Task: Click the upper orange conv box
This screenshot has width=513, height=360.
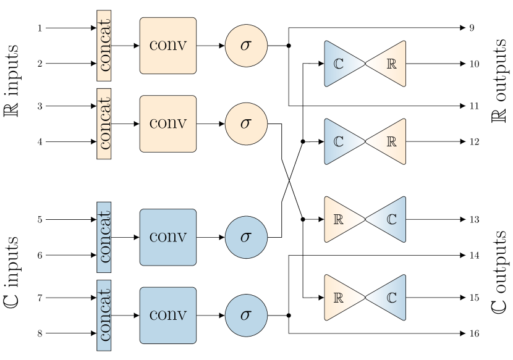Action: pos(167,46)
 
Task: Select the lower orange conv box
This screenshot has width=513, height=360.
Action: pos(167,123)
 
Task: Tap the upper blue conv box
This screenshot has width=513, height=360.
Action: pos(167,237)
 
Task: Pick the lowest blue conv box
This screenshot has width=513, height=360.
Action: pos(167,315)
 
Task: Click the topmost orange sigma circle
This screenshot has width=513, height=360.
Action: pos(246,46)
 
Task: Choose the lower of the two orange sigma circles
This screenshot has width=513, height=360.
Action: pos(246,123)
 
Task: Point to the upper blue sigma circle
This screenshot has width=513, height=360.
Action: pos(246,237)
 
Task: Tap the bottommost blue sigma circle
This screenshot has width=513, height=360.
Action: pos(246,315)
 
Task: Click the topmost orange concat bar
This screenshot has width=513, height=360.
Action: pos(104,46)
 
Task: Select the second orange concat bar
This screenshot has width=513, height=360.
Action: pos(104,123)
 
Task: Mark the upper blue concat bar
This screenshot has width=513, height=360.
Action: pos(104,237)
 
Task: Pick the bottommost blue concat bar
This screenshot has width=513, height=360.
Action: pos(104,315)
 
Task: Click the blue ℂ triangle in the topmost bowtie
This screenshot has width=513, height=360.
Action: pos(339,64)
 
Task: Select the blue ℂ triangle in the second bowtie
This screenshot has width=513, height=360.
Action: pos(339,141)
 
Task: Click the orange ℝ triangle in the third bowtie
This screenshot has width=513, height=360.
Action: pos(339,219)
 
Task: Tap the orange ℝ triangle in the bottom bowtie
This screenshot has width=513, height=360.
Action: pos(339,298)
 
